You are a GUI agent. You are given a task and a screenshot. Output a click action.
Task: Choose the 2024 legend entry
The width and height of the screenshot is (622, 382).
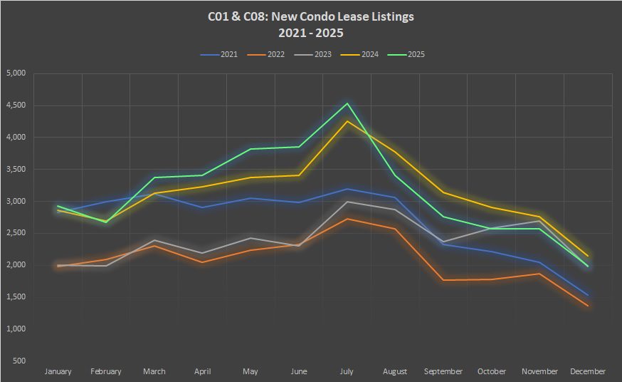(x=366, y=54)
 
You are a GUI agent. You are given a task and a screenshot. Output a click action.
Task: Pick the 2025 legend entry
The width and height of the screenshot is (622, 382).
(x=411, y=54)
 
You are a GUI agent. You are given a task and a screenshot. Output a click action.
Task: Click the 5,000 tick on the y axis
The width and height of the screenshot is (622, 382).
(x=15, y=73)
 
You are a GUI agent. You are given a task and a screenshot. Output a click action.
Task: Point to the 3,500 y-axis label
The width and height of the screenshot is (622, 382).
(x=15, y=170)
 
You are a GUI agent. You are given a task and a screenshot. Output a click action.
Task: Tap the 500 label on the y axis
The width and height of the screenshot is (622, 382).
(x=19, y=361)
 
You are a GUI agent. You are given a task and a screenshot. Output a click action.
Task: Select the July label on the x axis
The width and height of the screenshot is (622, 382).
(x=347, y=371)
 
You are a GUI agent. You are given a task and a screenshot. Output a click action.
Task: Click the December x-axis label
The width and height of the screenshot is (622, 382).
(x=588, y=371)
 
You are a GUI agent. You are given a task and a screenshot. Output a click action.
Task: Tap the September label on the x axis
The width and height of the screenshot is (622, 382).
(x=443, y=371)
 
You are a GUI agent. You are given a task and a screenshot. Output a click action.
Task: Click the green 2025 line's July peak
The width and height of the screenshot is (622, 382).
(x=347, y=103)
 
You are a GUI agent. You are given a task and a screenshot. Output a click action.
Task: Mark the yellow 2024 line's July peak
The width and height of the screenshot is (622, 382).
(x=347, y=121)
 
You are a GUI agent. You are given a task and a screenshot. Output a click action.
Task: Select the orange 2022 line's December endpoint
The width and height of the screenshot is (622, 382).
(x=588, y=306)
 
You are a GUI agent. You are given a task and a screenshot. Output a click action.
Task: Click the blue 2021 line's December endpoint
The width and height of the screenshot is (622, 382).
(x=588, y=295)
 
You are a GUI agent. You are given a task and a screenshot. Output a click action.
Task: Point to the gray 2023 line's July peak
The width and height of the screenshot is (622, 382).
(x=347, y=202)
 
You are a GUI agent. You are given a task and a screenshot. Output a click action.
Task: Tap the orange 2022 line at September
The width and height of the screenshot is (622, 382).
(x=443, y=280)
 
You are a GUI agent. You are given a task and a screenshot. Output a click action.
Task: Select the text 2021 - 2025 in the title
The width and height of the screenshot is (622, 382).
(x=312, y=32)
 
